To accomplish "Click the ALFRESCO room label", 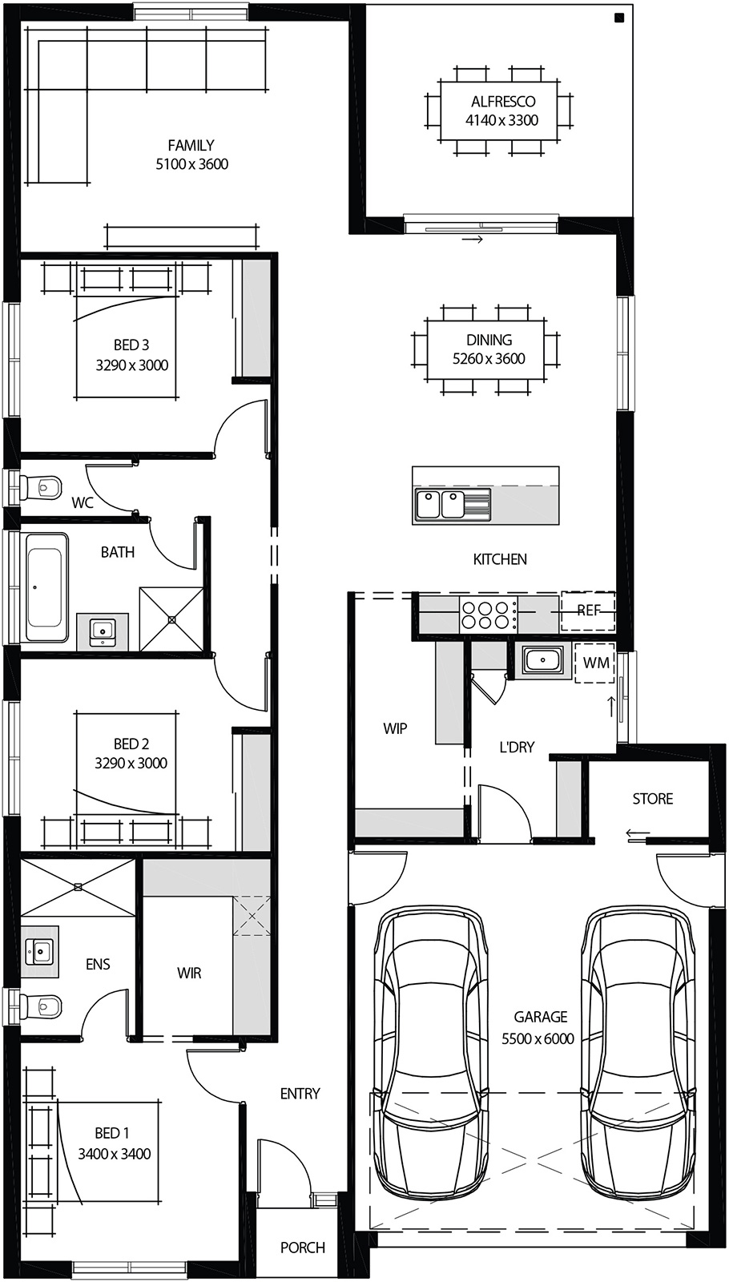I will point(503,102).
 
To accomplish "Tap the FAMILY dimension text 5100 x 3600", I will point(191,164).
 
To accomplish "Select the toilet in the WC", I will point(41,486).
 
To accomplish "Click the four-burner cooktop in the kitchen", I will point(487,615).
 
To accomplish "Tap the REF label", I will point(589,611).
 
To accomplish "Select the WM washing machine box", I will point(596,663).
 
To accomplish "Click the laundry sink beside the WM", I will point(543,661).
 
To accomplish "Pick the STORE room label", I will point(652,799).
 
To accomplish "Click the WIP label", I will point(395,728).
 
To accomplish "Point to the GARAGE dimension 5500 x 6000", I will point(538,1039).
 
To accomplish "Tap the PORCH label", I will point(302,1248).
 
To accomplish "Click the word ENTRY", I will point(300,1094).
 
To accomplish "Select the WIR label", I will point(189,973).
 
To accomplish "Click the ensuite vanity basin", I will point(38,952).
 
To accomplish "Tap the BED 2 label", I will point(131,744).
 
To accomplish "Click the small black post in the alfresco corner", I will point(619,18).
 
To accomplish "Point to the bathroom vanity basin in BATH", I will point(102,631).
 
